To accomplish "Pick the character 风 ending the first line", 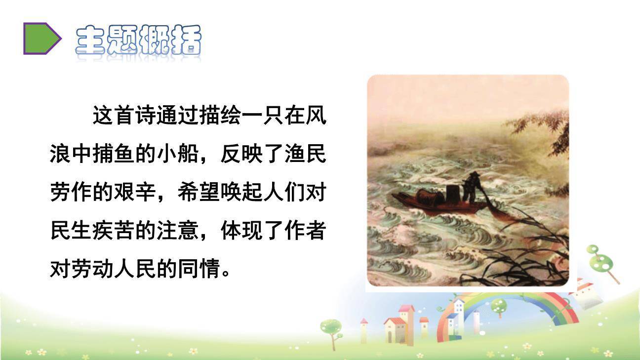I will coord(314,118).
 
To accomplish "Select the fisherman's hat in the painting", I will coord(473,175).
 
